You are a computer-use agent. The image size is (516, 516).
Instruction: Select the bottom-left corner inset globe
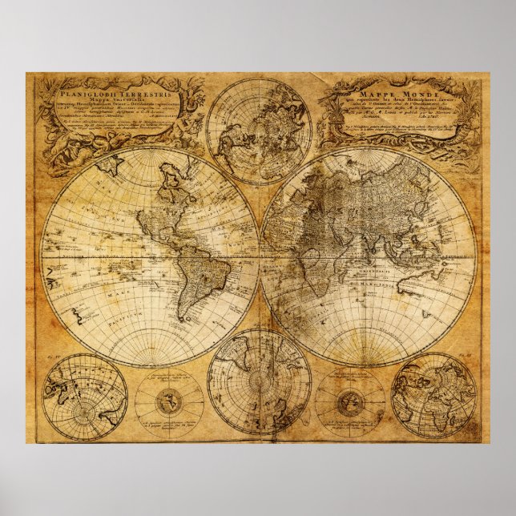pyautogui.click(x=84, y=397)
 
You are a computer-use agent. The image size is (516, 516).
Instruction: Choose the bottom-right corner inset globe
pyautogui.click(x=433, y=396)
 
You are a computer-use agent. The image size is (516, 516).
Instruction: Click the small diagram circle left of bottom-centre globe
pyautogui.click(x=169, y=399)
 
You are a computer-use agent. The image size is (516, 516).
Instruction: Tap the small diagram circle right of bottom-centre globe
pyautogui.click(x=349, y=399)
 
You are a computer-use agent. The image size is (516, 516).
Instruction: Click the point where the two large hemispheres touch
pyautogui.click(x=259, y=256)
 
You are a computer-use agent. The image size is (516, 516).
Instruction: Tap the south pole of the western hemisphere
pyautogui.click(x=150, y=365)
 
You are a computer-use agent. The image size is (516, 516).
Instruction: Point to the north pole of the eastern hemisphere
pyautogui.click(x=368, y=147)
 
